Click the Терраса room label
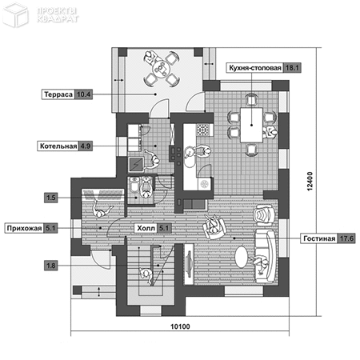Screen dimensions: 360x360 click(58, 94)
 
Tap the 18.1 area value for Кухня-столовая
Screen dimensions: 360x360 click(292, 68)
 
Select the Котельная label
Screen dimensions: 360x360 click(58, 146)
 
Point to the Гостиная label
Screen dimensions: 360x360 click(319, 238)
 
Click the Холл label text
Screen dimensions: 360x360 click(146, 228)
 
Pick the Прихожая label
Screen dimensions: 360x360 click(24, 228)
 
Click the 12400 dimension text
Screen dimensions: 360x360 click(310, 182)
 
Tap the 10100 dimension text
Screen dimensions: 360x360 click(180, 326)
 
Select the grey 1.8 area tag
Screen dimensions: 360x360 click(50, 266)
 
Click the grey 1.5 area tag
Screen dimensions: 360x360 click(50, 198)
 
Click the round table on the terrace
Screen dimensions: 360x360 click(161, 69)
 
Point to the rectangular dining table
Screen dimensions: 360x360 click(251, 125)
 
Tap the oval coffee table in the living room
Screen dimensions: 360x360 click(242, 257)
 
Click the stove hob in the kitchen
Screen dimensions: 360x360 click(203, 130)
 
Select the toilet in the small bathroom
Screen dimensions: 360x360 click(134, 185)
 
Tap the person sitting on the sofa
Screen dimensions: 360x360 click(260, 263)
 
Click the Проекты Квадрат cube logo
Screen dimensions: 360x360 click(15, 14)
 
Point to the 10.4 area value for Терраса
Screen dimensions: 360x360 click(83, 94)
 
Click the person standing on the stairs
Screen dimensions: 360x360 click(146, 275)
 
